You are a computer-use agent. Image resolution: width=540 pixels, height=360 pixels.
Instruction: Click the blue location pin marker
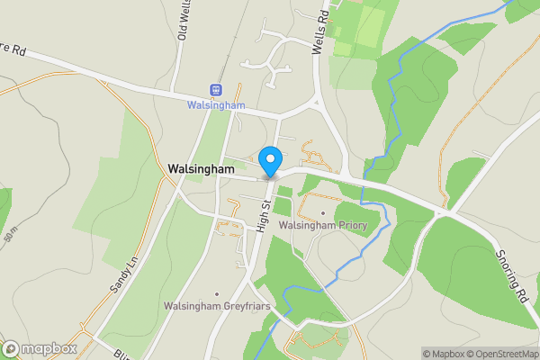tap(269, 162)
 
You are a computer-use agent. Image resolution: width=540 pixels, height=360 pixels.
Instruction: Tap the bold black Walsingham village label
tap(201, 168)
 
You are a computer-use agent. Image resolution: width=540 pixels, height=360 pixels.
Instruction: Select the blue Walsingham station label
tap(216, 105)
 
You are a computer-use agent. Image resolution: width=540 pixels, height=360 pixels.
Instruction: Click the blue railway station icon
tap(216, 89)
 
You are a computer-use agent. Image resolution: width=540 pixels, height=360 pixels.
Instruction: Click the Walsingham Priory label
tap(323, 225)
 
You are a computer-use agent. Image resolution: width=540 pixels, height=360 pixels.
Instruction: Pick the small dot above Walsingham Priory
tap(323, 213)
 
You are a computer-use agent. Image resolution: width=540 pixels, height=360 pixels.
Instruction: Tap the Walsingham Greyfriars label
tap(217, 306)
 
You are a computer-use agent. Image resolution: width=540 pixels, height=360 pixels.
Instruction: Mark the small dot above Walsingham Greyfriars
tap(217, 294)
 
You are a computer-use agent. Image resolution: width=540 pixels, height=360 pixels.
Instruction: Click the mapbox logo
tap(40, 348)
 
